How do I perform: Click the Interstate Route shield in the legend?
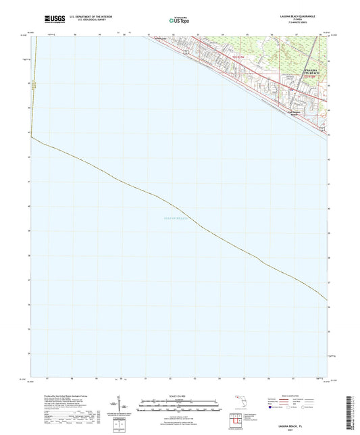click(271, 407)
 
